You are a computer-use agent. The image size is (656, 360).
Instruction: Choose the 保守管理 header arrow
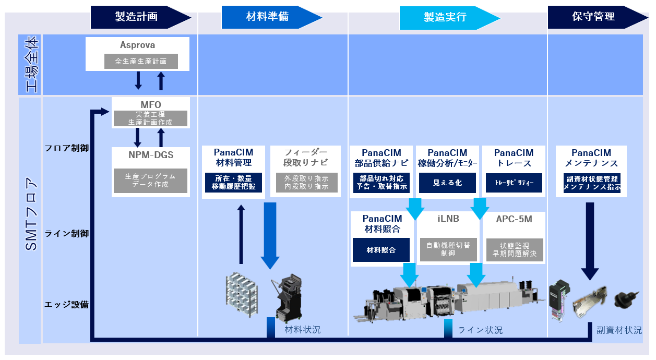(594, 17)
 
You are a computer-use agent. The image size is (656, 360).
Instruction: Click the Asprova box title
(138, 45)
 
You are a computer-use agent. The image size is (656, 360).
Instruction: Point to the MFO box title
(151, 105)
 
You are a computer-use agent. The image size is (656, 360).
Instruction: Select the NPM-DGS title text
(151, 155)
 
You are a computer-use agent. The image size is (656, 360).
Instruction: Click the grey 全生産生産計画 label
(141, 61)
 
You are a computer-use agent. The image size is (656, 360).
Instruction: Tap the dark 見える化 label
(448, 183)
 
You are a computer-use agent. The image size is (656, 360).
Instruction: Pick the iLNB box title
(448, 219)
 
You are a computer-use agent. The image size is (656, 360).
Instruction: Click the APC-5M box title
(514, 219)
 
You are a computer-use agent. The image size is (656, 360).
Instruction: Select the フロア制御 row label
(67, 148)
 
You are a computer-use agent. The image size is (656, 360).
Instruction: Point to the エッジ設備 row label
(67, 305)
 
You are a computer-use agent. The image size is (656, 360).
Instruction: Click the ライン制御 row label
(67, 234)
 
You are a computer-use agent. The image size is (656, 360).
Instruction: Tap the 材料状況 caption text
(303, 330)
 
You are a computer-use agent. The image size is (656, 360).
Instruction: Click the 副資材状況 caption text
(619, 330)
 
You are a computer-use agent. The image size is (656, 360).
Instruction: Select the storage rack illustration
(243, 295)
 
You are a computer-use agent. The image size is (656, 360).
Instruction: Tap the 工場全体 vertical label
(30, 64)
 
